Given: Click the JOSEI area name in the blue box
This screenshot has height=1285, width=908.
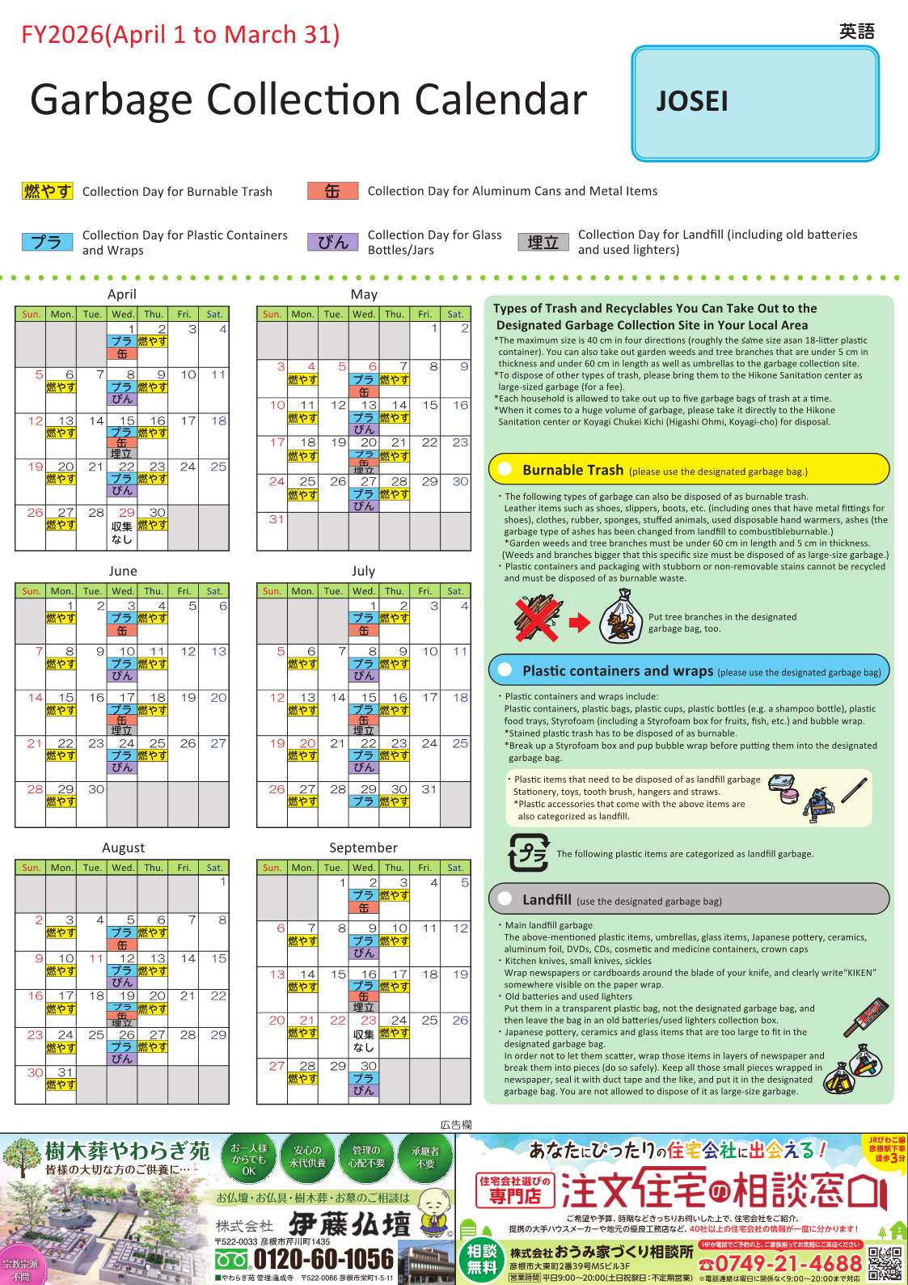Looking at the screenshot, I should tap(692, 101).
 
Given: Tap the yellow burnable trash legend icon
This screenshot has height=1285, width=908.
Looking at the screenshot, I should tap(48, 192).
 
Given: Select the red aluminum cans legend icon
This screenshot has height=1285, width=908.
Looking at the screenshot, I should tap(332, 191).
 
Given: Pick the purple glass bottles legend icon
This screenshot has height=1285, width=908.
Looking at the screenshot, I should tap(332, 242).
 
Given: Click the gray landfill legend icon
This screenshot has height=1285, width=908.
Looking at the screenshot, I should tap(543, 242).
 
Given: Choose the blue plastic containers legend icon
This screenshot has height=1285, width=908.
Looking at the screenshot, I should tap(48, 242).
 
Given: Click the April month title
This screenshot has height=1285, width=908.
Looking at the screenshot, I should tap(122, 294).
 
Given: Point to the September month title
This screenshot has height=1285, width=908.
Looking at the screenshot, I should tap(363, 848).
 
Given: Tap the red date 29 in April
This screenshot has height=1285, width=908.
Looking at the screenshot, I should tap(127, 513).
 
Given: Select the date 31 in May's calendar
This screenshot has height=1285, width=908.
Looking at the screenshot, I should tap(277, 519).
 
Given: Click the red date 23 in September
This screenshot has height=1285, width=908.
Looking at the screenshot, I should tap(369, 1021).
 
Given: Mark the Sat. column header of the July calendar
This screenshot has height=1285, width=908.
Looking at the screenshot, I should tap(455, 591).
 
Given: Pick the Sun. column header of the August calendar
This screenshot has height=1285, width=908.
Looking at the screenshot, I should tap(31, 868).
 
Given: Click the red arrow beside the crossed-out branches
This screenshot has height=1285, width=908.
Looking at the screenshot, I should tap(580, 623).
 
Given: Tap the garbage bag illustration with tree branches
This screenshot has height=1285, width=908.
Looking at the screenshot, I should tap(621, 616).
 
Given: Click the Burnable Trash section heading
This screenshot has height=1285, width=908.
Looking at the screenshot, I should tap(572, 470).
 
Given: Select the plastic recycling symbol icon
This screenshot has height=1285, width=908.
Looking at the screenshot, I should tap(528, 853).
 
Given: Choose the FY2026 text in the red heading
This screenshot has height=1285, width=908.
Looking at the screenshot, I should tap(61, 35).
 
